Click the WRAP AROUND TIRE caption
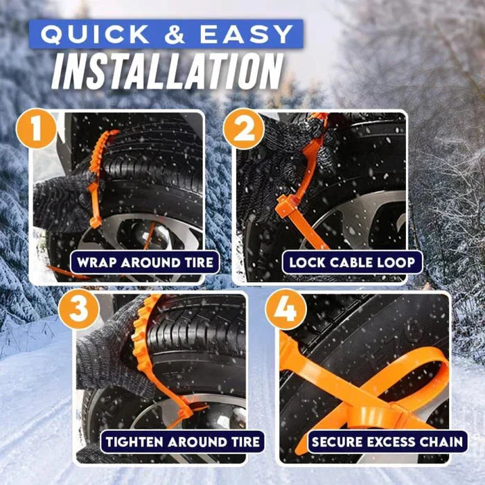click(x=145, y=263)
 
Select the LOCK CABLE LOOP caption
click(x=352, y=263)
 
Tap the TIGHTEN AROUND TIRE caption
click(x=182, y=441)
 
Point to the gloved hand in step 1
click(x=59, y=201)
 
